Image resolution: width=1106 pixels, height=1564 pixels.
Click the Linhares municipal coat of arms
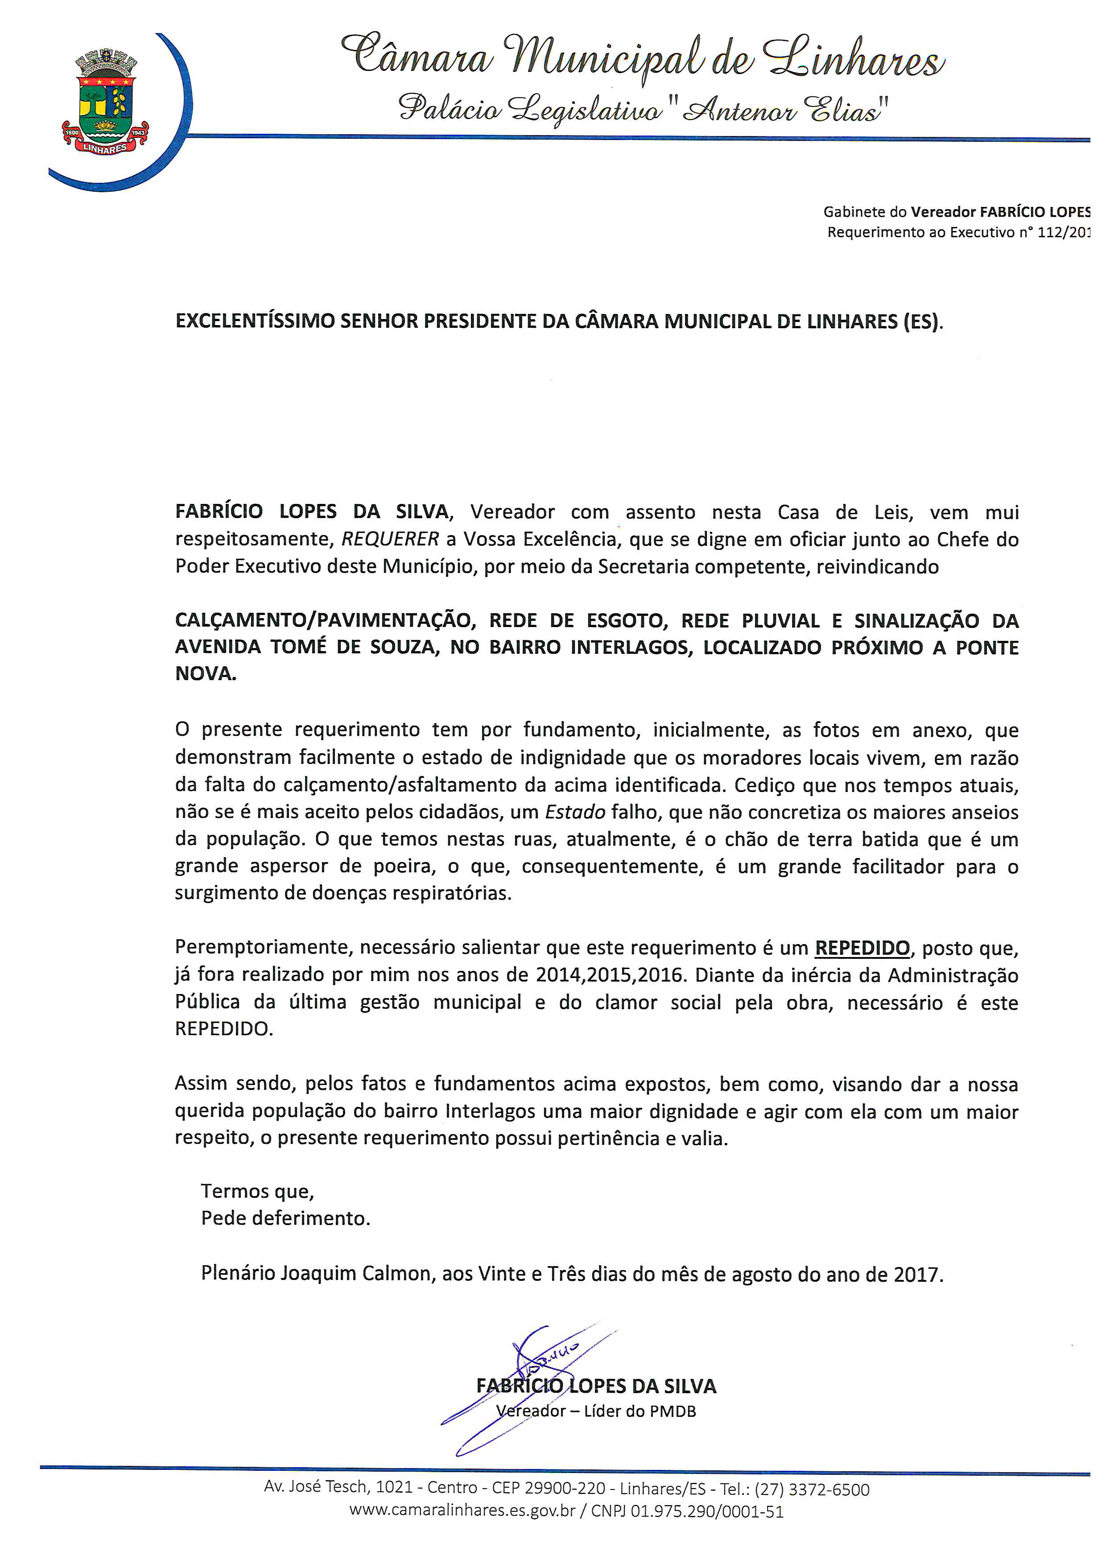(106, 102)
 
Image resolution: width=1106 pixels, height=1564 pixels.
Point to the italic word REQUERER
(390, 540)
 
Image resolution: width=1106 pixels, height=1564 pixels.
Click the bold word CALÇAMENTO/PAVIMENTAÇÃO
(325, 620)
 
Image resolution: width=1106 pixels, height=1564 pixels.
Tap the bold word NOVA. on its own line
(206, 674)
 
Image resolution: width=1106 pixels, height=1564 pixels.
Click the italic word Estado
(575, 812)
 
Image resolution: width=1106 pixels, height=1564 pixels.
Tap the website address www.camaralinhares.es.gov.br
(462, 1511)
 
